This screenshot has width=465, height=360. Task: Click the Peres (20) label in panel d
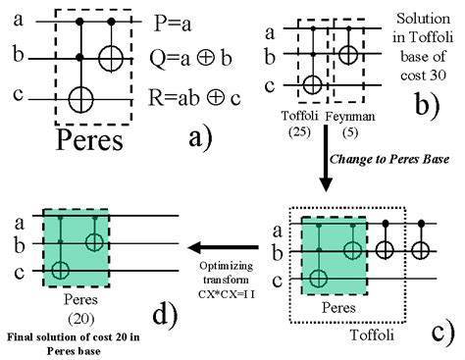(x=76, y=300)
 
